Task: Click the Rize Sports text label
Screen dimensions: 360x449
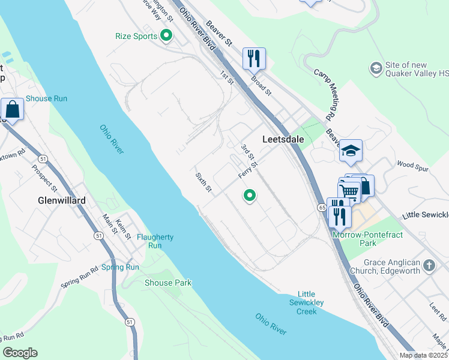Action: [x=136, y=36]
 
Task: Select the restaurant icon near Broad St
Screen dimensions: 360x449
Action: [x=254, y=58]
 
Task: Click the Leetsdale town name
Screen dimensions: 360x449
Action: [x=283, y=139]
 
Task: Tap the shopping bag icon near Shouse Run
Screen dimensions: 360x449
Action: [x=12, y=109]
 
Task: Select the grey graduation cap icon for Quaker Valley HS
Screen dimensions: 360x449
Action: [x=376, y=68]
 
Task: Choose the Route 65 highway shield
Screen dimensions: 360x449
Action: [x=322, y=207]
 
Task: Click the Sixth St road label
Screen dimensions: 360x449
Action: [x=204, y=182]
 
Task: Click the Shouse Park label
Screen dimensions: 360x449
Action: [x=168, y=283]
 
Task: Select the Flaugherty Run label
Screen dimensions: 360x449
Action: [x=155, y=241]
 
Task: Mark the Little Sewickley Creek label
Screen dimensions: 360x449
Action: [x=306, y=303]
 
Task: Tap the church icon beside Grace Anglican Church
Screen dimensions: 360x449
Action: [x=429, y=265]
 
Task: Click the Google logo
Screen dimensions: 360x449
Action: [x=20, y=353]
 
